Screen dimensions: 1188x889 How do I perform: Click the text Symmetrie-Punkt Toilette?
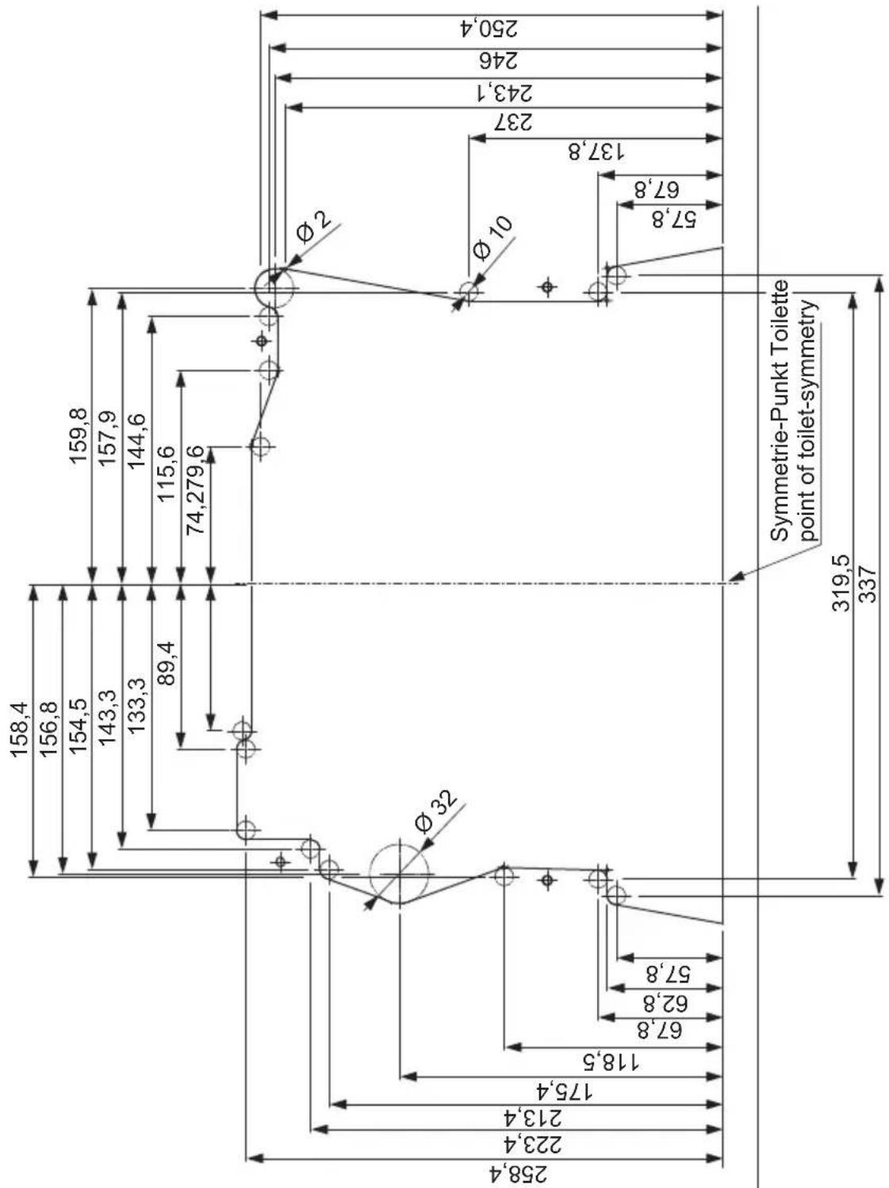(781, 409)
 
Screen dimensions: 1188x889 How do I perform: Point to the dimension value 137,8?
(595, 151)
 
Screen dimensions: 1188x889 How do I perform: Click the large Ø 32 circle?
(400, 873)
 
